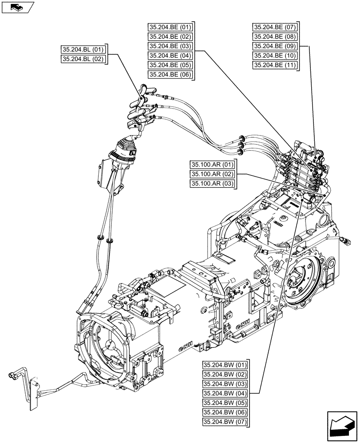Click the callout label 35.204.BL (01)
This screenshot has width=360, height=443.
[84, 50]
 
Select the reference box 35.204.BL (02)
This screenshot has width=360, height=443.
[84, 59]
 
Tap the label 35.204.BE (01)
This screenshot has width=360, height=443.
[170, 27]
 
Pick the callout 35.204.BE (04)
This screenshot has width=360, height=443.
[170, 56]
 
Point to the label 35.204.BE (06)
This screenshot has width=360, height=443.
[170, 75]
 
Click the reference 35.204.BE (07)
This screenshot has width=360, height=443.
[274, 27]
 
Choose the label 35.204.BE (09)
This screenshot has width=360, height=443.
[274, 46]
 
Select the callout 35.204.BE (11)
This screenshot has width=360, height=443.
[274, 65]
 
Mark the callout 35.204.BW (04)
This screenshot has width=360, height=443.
[224, 393]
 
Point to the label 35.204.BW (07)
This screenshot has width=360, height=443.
[224, 421]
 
